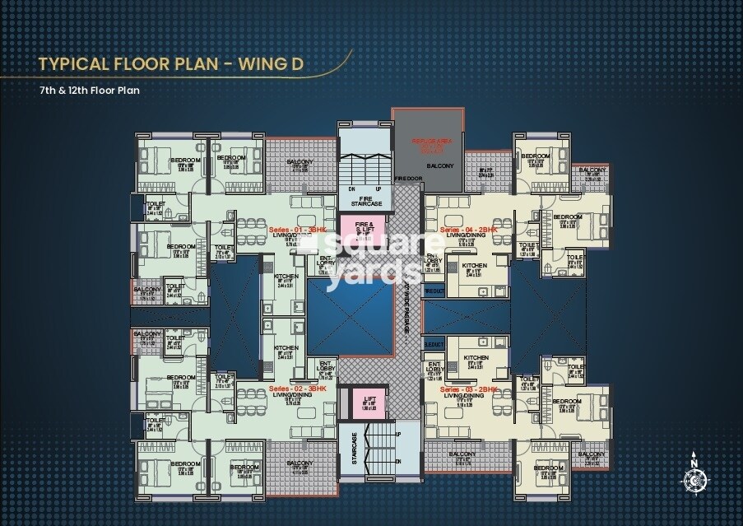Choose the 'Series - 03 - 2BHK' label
tap(469, 388)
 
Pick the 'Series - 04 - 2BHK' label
tap(469, 230)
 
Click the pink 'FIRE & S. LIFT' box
tap(364, 226)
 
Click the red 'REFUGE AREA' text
tap(427, 142)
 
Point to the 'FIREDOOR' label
tap(408, 178)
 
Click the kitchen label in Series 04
tap(474, 266)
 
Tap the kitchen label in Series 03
tap(476, 358)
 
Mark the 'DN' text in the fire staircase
tap(351, 189)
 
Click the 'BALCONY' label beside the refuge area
tap(444, 166)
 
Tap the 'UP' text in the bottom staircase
tap(398, 434)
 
